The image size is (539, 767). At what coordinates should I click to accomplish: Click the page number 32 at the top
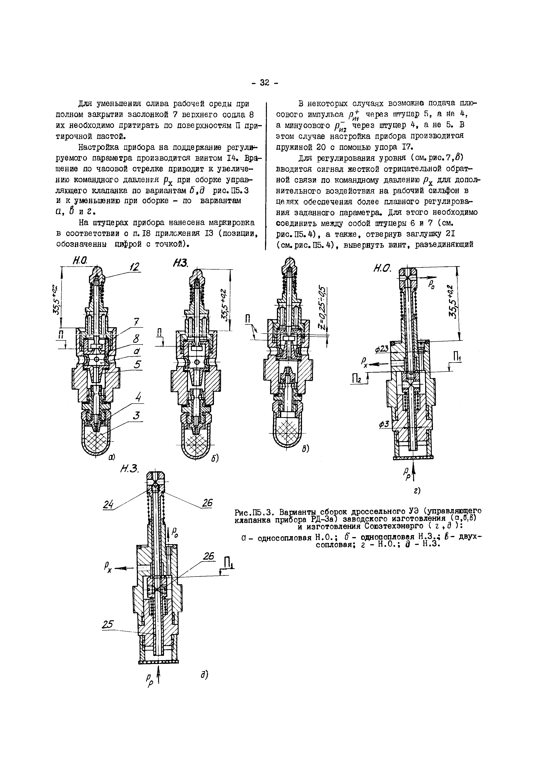click(x=264, y=82)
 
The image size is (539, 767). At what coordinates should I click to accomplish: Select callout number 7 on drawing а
click(x=136, y=322)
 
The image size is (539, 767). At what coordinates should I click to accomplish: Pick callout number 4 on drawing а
click(x=138, y=399)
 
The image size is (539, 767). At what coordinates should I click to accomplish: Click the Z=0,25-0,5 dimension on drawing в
click(x=322, y=308)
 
